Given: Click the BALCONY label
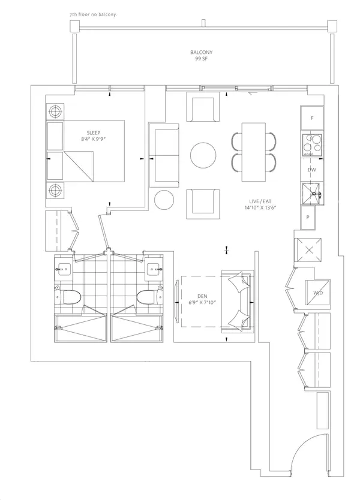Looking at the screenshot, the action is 202,52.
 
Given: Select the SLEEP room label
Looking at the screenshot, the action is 94,132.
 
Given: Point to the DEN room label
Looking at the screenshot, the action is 202,296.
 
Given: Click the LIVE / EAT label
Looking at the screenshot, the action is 260,201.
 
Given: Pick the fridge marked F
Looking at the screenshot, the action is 312,118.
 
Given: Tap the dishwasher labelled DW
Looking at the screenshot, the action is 312,170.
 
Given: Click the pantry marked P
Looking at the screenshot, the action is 308,218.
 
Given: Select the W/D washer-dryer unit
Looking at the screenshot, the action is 318,292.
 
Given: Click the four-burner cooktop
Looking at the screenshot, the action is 312,144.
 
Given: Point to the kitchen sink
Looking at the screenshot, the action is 311,193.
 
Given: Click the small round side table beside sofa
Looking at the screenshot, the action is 164,200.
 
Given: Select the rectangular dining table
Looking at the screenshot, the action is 254,152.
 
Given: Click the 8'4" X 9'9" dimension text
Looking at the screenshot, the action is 94,139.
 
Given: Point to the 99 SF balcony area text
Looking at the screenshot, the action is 202,59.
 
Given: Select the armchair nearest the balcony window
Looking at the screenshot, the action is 203,107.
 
